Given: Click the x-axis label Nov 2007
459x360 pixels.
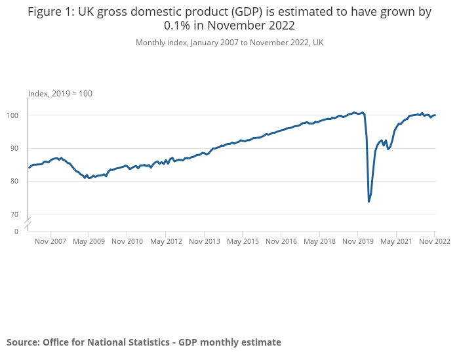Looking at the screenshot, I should (50, 241).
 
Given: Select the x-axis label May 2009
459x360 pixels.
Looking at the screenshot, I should (89, 241).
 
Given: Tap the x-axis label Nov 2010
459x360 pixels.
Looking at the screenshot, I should (127, 241).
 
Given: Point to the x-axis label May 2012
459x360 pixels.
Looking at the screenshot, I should (166, 241).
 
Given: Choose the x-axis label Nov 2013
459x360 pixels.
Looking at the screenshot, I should (204, 241).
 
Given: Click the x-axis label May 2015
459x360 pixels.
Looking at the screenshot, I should (243, 241).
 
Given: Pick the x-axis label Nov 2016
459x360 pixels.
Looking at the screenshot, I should (281, 241).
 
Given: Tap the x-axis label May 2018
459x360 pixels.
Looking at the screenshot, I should (319, 241).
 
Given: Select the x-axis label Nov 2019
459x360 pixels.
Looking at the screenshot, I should (357, 241).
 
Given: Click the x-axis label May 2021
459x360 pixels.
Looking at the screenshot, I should (396, 241).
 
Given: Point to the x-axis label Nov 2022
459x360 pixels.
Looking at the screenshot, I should (434, 241).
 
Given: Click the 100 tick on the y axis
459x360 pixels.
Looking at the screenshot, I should (18, 115).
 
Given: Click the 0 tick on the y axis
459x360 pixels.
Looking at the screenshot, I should (17, 231).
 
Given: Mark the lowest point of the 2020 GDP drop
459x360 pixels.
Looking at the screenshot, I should (369, 201).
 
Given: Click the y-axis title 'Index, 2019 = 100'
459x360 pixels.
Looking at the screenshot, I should (60, 94).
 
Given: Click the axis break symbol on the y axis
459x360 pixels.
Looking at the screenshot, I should (28, 222).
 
